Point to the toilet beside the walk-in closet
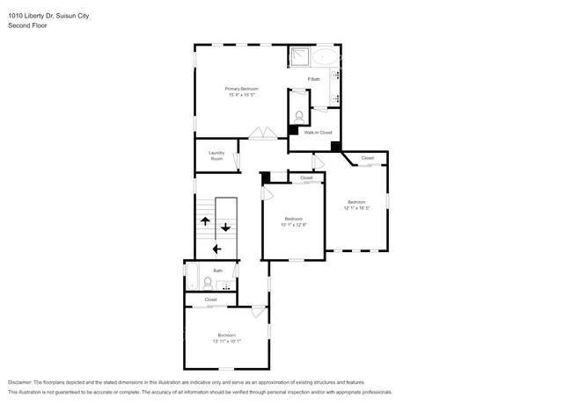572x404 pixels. (x=299, y=114)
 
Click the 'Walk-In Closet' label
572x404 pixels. (x=318, y=133)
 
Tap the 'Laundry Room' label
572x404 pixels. (x=216, y=155)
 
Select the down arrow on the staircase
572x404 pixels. (x=226, y=227)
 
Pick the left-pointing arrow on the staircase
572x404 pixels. (x=216, y=249)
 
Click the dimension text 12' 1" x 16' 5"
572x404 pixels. (x=356, y=208)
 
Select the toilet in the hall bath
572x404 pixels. (x=208, y=283)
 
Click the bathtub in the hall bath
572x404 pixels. (x=192, y=278)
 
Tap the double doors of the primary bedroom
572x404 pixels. (x=262, y=133)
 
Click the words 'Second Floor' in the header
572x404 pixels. (x=27, y=25)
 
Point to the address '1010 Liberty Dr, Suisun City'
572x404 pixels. (x=48, y=16)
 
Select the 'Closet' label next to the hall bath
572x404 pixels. (x=210, y=299)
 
